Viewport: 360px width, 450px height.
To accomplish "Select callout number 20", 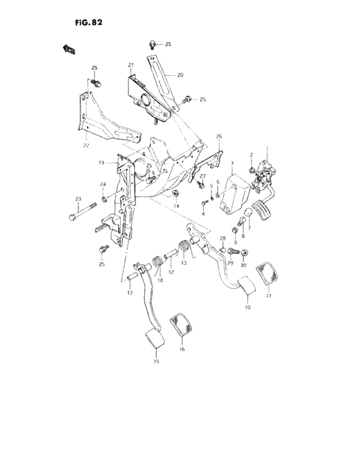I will (179, 75).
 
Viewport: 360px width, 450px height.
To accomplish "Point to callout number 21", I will (130, 66).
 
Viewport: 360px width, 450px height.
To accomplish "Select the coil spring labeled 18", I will (156, 264).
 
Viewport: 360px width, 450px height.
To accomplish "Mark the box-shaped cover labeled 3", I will (233, 191).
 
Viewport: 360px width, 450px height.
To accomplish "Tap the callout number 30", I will (243, 265).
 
